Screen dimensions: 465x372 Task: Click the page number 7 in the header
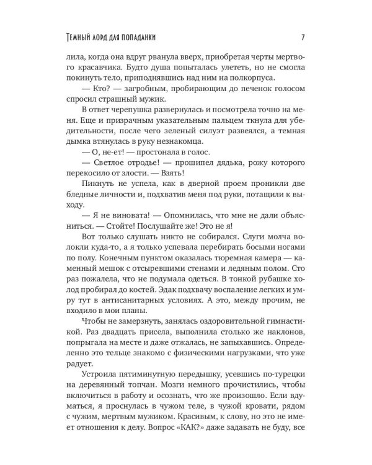(x=301, y=35)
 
